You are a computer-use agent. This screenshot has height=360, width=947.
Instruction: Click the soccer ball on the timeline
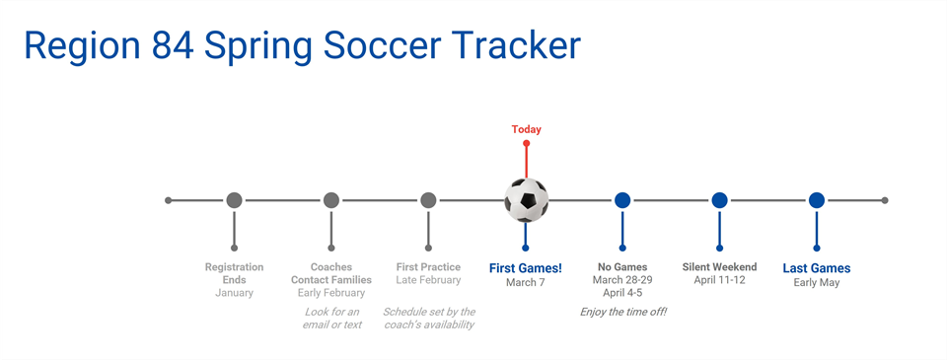click(x=526, y=200)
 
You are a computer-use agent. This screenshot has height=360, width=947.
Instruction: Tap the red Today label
click(x=526, y=129)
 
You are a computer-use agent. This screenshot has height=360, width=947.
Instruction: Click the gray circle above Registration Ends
click(x=234, y=200)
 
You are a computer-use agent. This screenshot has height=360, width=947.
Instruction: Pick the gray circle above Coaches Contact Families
click(x=331, y=200)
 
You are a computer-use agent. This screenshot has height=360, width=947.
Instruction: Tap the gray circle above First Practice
click(x=428, y=200)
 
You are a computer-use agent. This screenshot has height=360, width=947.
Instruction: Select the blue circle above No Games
click(x=622, y=200)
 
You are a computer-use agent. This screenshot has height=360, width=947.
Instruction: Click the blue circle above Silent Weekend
click(x=719, y=200)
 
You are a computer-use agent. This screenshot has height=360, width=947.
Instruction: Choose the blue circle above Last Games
click(x=817, y=200)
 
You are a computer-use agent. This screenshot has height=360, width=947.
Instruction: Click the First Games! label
click(x=526, y=267)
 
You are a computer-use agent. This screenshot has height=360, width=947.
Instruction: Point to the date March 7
click(x=526, y=283)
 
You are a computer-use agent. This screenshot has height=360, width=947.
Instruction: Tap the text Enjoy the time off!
click(x=622, y=312)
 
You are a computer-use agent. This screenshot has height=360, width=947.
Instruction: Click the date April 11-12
click(x=719, y=280)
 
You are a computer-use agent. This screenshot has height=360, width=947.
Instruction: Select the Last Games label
click(x=817, y=267)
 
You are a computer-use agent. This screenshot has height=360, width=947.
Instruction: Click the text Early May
click(x=817, y=283)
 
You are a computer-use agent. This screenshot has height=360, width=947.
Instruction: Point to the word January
click(x=234, y=293)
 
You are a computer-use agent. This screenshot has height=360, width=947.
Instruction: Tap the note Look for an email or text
click(x=331, y=318)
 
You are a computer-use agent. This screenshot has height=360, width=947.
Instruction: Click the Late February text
click(x=428, y=280)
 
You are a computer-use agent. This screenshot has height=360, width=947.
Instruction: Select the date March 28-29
click(x=622, y=280)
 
